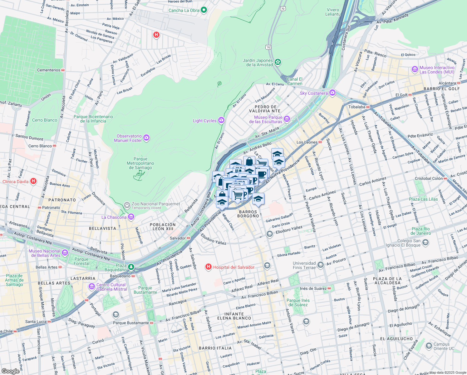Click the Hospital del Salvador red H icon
click(208, 267)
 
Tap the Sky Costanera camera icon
click(332, 93)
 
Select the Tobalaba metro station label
click(357, 107)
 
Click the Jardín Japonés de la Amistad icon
click(278, 62)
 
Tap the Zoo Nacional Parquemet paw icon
click(127, 205)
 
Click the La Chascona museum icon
click(131, 217)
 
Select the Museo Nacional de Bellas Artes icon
click(65, 252)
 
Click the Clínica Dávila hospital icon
click(33, 181)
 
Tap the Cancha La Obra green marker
click(204, 10)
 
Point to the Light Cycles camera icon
click(221, 120)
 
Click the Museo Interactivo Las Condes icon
click(415, 69)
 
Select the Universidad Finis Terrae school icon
click(321, 265)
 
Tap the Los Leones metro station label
click(307, 142)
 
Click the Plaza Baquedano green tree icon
click(131, 267)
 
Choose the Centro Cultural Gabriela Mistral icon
click(92, 286)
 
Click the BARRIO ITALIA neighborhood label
click(215, 348)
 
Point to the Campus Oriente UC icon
click(429, 346)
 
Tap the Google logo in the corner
click(10, 371)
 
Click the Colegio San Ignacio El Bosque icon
click(425, 242)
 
